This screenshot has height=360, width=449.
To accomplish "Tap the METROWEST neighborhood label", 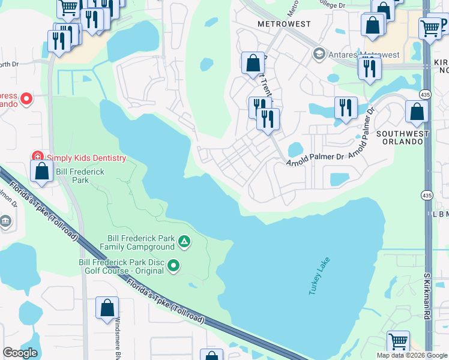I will [284, 24].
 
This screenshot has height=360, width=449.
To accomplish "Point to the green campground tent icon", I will [184, 242].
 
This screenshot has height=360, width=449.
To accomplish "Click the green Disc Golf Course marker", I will [174, 265].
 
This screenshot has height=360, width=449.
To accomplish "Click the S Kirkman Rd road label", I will [427, 296].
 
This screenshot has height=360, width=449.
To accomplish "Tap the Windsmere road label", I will [118, 338].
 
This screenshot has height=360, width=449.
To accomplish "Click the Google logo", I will [20, 353].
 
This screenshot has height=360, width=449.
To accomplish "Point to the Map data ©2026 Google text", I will [411, 355].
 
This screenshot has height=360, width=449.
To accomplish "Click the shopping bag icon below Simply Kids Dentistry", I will [42, 170].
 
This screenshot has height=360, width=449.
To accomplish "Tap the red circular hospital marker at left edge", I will [26, 98].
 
